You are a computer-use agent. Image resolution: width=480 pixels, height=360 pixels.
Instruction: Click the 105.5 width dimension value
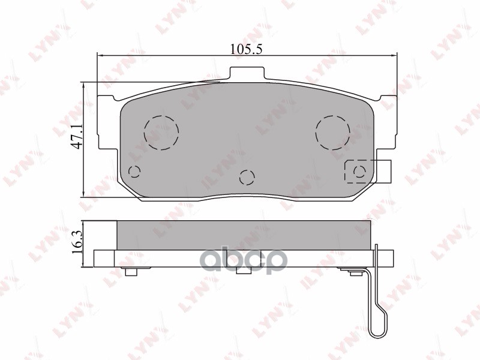point(247,50)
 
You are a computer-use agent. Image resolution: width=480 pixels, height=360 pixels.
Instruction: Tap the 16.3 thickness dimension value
point(77,241)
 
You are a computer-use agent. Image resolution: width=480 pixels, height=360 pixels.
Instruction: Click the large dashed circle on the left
point(161,133)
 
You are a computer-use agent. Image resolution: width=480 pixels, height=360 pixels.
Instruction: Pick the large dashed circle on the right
point(333,133)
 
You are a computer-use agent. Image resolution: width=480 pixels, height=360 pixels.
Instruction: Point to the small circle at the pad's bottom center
point(247,177)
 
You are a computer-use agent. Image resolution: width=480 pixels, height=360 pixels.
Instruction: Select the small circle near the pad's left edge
point(134,172)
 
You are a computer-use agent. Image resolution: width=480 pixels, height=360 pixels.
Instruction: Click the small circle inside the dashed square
point(359,172)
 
